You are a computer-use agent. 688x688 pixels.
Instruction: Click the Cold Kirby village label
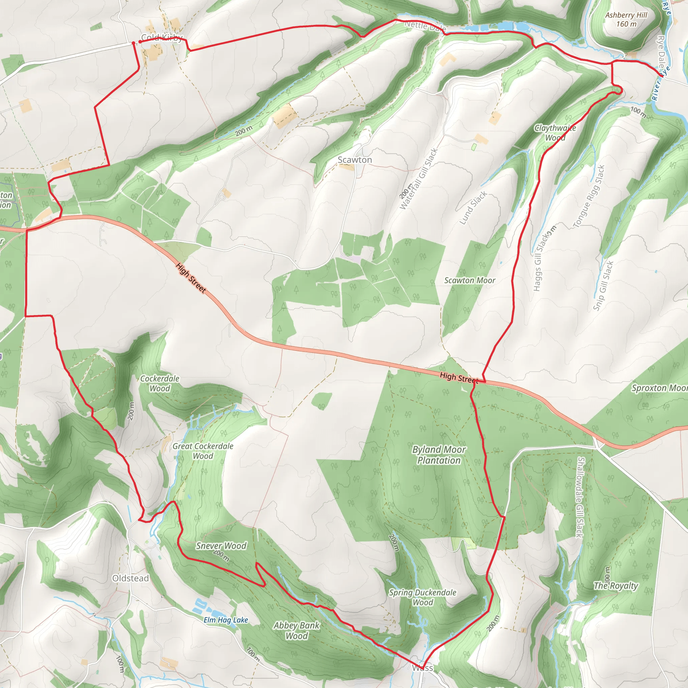[162, 37]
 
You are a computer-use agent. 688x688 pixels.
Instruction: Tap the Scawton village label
[355, 160]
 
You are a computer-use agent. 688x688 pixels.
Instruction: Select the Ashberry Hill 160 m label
[626, 19]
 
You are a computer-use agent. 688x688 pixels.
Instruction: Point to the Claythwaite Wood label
[555, 133]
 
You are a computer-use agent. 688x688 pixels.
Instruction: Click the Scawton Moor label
[470, 281]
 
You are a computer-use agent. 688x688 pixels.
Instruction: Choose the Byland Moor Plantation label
[439, 455]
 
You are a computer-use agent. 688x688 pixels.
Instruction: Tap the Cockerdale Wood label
[160, 384]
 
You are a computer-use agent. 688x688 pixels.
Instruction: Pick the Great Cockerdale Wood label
[203, 451]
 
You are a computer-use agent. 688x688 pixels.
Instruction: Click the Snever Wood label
[221, 546]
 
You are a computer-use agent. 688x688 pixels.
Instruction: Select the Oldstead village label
[130, 578]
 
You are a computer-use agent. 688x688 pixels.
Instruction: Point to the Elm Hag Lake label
[226, 620]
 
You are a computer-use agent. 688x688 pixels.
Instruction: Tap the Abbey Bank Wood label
[297, 631]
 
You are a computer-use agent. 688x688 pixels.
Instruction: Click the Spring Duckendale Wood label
[422, 598]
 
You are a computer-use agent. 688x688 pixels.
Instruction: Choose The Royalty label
[616, 586]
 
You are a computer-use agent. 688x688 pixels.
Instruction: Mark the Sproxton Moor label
[659, 388]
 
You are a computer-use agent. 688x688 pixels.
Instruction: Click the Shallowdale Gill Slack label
[580, 497]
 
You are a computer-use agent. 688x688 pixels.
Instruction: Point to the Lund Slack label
[473, 208]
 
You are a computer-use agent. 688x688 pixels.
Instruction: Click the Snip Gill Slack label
[603, 286]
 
